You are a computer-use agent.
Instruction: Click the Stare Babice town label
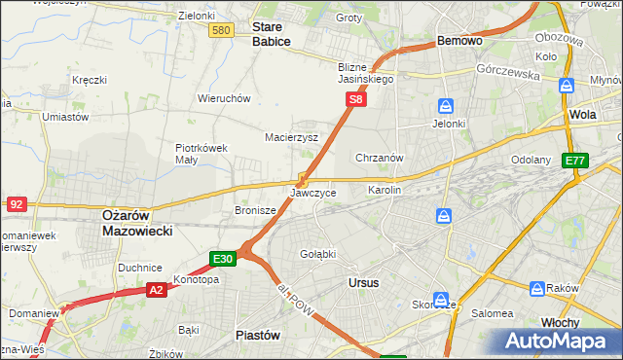point(272,34)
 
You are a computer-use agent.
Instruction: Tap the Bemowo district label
point(459,42)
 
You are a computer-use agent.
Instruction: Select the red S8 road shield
point(357,99)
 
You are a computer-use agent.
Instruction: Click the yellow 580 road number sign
point(221,31)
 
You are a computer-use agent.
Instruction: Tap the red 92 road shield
point(16,203)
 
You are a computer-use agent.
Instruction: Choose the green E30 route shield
point(222,259)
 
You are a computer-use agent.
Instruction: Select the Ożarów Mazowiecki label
point(137,223)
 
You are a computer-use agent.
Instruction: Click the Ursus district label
point(363,282)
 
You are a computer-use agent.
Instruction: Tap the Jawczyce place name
point(313,193)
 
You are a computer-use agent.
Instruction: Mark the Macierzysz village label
point(292,137)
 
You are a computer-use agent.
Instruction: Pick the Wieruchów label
point(225,98)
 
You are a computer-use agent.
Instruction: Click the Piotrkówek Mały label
point(202,154)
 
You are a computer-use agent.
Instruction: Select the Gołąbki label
point(317,254)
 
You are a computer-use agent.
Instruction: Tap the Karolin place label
point(384,190)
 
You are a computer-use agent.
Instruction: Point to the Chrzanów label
point(380,157)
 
